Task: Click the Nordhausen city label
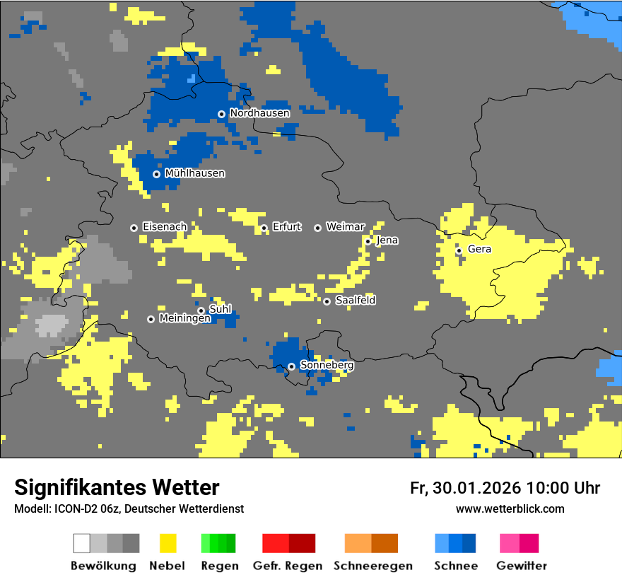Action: (x=259, y=113)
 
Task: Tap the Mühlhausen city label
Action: (x=194, y=173)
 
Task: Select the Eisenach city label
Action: (x=165, y=227)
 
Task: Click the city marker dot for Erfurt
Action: (x=264, y=228)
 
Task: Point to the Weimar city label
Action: (x=345, y=227)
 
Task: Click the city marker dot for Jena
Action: (x=368, y=241)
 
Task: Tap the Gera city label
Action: (x=479, y=250)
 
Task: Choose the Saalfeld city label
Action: (x=355, y=301)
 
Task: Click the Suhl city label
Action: (x=221, y=309)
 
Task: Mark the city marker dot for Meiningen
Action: (x=151, y=319)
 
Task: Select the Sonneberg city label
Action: (x=327, y=366)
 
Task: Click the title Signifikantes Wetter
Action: (x=117, y=488)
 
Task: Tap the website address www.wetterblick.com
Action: (x=510, y=509)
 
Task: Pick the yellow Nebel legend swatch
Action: (x=168, y=543)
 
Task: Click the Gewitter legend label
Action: (x=521, y=566)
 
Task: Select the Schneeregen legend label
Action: (x=372, y=566)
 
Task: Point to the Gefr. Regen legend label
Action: (x=288, y=566)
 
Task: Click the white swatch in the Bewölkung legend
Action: (x=82, y=543)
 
